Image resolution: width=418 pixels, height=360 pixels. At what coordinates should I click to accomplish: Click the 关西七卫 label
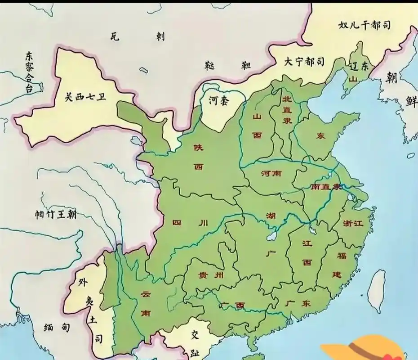[85, 97]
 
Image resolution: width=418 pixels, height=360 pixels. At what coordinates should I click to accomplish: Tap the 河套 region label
[218, 100]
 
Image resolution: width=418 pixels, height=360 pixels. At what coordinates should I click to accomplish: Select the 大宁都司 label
[303, 62]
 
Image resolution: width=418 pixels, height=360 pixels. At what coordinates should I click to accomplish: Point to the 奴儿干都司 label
[365, 26]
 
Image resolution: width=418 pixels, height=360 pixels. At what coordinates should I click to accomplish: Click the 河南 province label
[271, 173]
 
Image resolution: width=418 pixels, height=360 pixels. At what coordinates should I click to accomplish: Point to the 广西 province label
[233, 306]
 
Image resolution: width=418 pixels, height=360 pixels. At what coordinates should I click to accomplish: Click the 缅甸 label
[57, 327]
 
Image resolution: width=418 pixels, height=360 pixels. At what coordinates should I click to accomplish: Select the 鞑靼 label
[227, 66]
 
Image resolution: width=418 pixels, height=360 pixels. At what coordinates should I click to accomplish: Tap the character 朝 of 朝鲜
[391, 77]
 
